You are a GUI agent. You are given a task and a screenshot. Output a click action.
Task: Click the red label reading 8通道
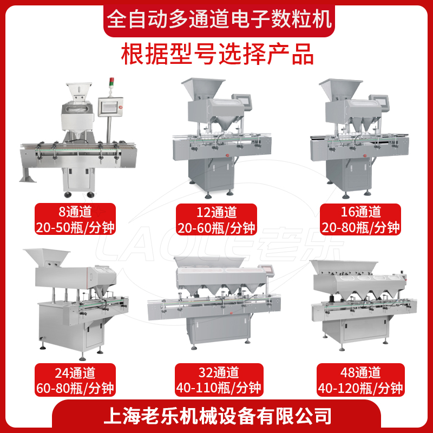[75, 219]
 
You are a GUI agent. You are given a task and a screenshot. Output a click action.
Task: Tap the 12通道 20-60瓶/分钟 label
[216, 219]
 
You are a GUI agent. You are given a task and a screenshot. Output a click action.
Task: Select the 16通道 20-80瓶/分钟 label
[360, 219]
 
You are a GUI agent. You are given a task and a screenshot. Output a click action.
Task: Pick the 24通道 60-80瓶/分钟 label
[75, 380]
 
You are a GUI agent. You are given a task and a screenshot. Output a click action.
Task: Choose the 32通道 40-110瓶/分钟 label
[219, 380]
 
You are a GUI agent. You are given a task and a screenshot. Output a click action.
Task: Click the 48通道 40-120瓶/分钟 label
[360, 380]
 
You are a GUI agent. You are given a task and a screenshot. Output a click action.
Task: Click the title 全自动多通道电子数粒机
[219, 19]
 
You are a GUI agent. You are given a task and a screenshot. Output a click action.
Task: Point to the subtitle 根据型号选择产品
[218, 54]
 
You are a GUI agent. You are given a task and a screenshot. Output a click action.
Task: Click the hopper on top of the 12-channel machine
[203, 89]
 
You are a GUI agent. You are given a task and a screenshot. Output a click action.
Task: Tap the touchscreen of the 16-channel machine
[379, 101]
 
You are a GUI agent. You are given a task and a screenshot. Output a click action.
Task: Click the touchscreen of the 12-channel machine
[242, 101]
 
